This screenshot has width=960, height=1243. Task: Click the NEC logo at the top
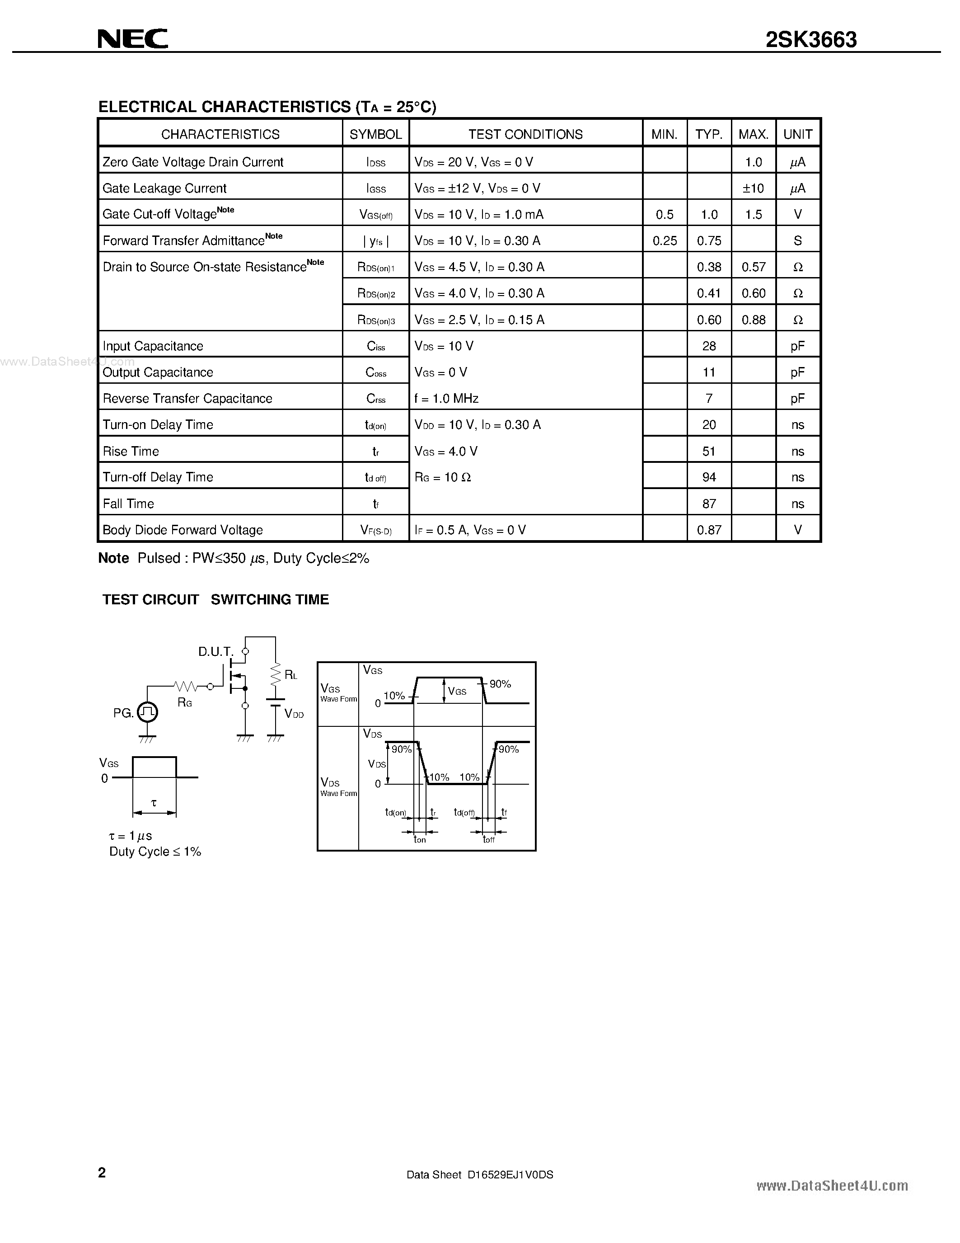(132, 39)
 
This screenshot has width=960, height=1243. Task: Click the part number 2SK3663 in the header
(810, 40)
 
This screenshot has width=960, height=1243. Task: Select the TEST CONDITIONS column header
(525, 134)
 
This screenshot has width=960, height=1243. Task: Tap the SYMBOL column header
(375, 134)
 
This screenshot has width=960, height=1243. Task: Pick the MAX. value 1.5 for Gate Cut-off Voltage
(753, 215)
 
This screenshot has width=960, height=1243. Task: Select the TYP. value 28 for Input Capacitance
(709, 346)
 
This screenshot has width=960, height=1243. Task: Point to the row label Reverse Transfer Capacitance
(187, 398)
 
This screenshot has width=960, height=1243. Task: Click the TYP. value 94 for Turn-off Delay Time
(709, 477)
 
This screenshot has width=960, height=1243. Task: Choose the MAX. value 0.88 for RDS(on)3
(753, 320)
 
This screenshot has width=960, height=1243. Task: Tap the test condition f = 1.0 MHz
(446, 398)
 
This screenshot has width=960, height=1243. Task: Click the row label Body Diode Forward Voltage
(183, 530)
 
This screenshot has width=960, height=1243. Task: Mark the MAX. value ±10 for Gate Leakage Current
(753, 188)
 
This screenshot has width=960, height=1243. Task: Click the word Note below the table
(113, 558)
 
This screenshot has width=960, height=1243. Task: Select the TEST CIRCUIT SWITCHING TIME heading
(215, 599)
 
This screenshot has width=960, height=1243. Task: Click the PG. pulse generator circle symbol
(147, 712)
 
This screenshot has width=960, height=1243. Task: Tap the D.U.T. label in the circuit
(215, 652)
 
